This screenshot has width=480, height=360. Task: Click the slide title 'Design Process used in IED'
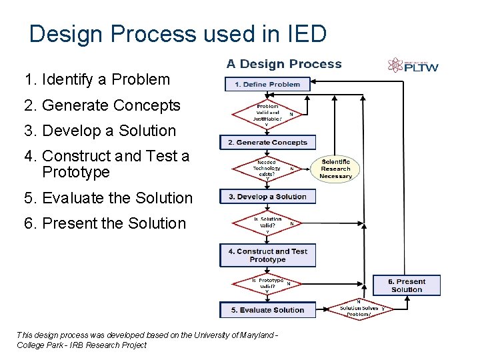(178, 34)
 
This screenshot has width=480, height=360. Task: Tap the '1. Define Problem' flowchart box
(267, 85)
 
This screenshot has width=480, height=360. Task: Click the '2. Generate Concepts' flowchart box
(267, 142)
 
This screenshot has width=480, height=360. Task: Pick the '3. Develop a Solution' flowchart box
(267, 197)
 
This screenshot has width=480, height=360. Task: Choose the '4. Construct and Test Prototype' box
(267, 255)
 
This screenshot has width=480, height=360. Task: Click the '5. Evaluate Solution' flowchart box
(267, 310)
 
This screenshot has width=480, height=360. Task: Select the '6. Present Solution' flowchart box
(407, 285)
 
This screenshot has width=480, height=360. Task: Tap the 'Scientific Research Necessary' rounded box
(335, 169)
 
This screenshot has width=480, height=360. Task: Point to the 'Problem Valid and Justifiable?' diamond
(267, 114)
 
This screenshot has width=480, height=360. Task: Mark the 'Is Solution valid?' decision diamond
(267, 224)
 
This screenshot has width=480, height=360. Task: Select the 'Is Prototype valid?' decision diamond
(267, 283)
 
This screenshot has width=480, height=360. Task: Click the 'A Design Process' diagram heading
(284, 64)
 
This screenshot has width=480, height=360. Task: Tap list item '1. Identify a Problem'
(97, 80)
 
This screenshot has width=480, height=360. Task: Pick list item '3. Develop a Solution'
(99, 131)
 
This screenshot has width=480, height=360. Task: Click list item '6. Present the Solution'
(105, 223)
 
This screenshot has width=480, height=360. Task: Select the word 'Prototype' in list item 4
(75, 173)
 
